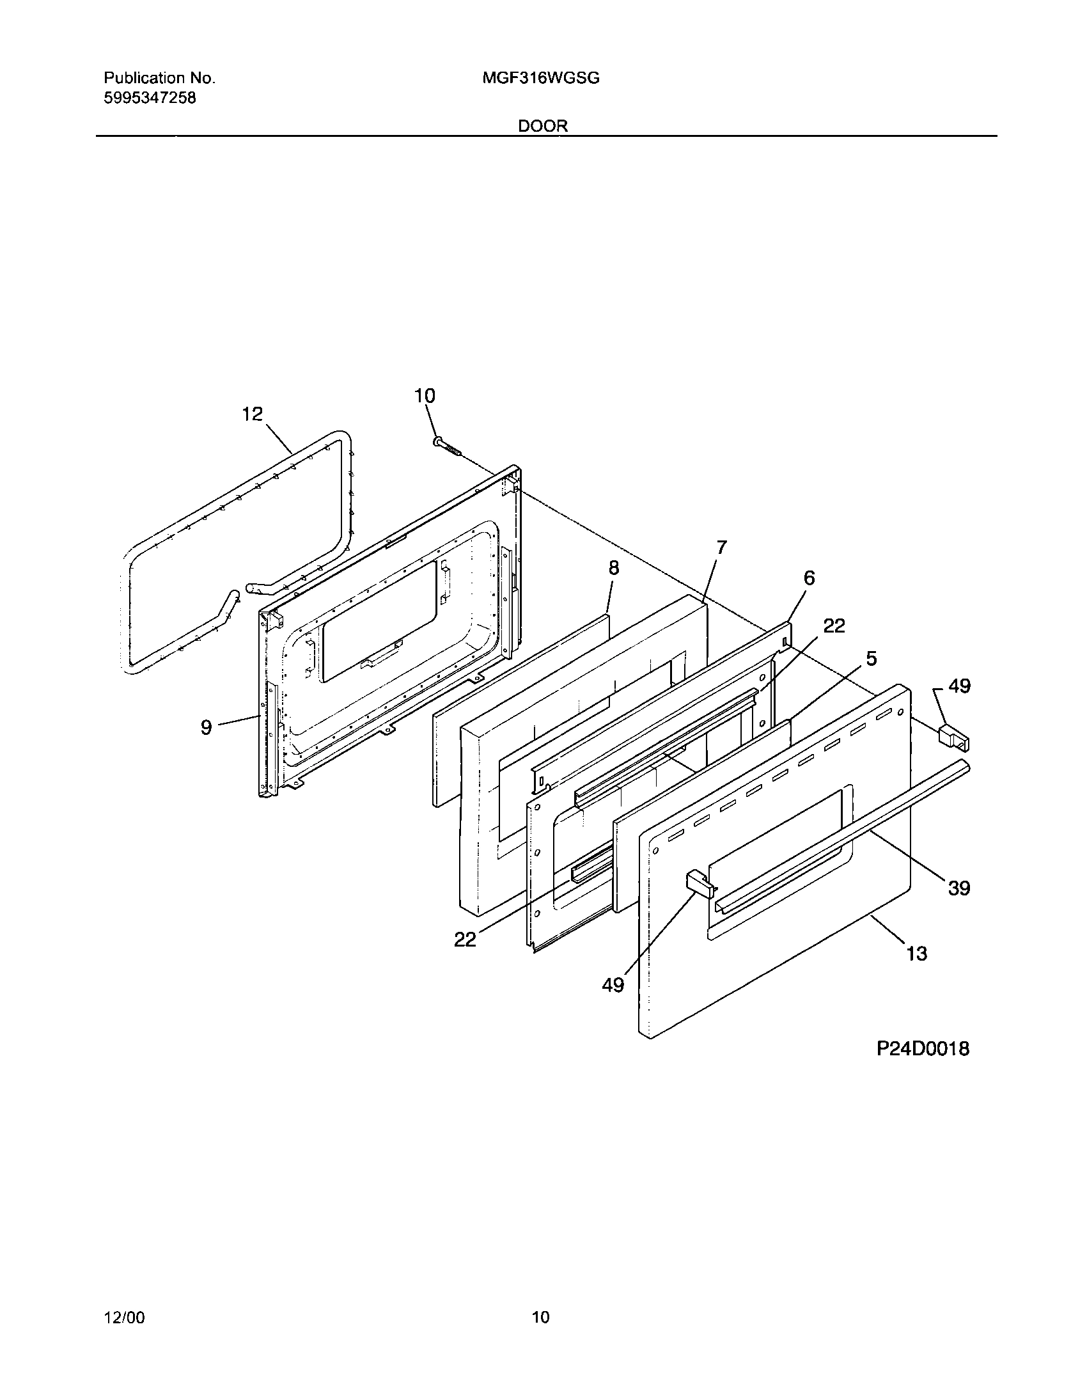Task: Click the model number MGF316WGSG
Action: tap(541, 79)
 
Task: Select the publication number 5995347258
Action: tap(150, 98)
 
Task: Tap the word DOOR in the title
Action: tap(543, 126)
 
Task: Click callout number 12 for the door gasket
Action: tap(253, 414)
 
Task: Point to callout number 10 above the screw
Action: tap(425, 396)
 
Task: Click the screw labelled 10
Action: tap(448, 446)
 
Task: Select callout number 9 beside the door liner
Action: tap(206, 727)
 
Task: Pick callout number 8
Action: tap(614, 568)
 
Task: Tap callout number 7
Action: tap(721, 547)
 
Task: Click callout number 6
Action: tap(809, 578)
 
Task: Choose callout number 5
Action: tap(871, 659)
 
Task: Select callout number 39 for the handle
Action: tap(959, 888)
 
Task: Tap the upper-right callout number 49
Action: tap(959, 686)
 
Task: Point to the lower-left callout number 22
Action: tap(465, 940)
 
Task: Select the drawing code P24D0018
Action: tap(923, 1049)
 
